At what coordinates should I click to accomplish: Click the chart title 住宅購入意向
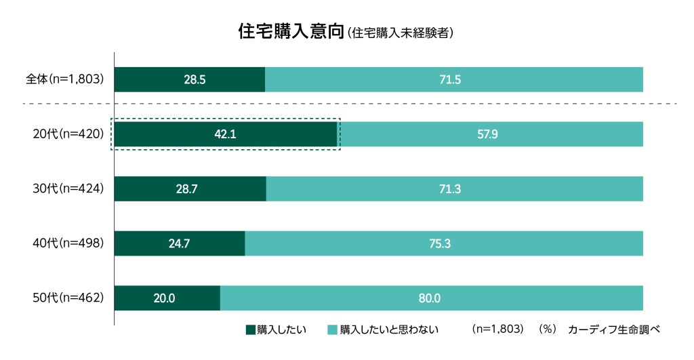[x=291, y=31]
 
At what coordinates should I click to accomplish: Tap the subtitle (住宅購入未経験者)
[x=399, y=32]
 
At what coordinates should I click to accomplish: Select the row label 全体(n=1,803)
[x=64, y=79]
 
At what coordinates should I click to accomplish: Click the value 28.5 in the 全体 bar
[x=195, y=80]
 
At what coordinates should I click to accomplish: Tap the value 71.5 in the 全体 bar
[x=450, y=80]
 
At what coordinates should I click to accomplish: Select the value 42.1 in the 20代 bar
[x=225, y=134]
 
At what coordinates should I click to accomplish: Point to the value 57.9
[x=487, y=134]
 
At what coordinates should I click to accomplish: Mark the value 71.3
[x=450, y=189]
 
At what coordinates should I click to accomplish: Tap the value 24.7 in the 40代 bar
[x=179, y=243]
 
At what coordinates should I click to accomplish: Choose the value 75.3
[x=440, y=243]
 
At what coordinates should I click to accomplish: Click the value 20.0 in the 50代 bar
[x=165, y=298]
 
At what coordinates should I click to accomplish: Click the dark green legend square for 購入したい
[x=250, y=330]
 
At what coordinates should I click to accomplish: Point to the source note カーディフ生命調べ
[x=613, y=330]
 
